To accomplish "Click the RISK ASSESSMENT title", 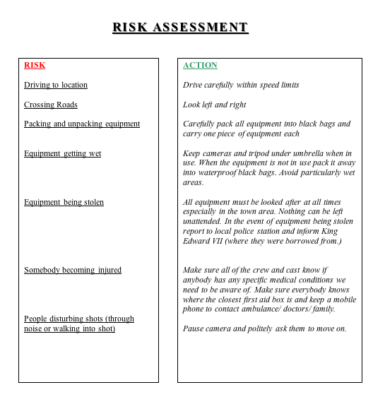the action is tap(180, 28).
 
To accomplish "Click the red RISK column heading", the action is tap(35, 65).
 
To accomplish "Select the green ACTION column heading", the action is tap(200, 65).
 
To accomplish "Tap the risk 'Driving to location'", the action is tap(56, 85).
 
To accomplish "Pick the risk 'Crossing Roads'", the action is tap(51, 105).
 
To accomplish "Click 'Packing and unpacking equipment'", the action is tap(82, 124).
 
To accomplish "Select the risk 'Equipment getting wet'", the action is tap(62, 153).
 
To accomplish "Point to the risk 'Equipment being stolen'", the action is tap(64, 202).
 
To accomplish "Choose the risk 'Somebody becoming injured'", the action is tap(73, 270).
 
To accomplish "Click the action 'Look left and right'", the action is tap(215, 105).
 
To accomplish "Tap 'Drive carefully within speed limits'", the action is tap(241, 85).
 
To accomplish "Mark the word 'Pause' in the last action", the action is tap(194, 328).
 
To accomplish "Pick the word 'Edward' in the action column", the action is tap(196, 241).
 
